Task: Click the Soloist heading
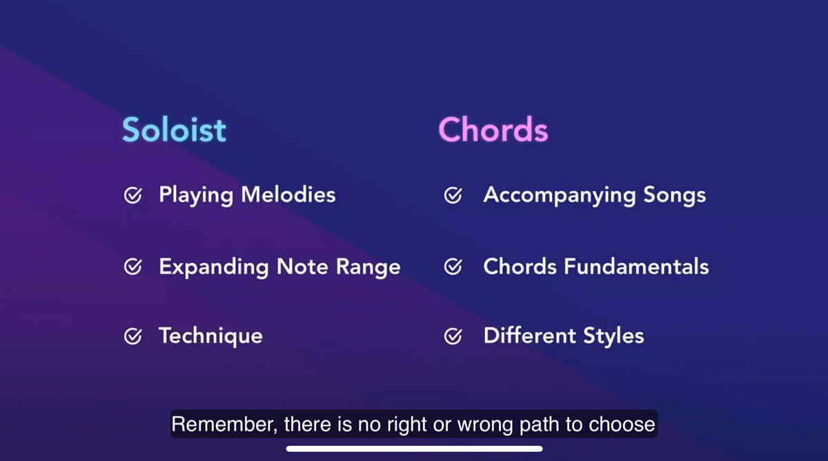pos(174,130)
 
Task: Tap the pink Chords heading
pos(493,130)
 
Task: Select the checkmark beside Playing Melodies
pos(132,196)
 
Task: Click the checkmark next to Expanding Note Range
pos(132,267)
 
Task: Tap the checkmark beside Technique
pos(132,336)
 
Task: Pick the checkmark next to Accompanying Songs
pos(453,196)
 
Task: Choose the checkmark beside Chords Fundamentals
pos(453,267)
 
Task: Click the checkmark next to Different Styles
pos(453,336)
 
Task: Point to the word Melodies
pos(288,195)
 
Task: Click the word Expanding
pos(215,267)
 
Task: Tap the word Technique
pos(210,336)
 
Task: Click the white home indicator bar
pos(414,449)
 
